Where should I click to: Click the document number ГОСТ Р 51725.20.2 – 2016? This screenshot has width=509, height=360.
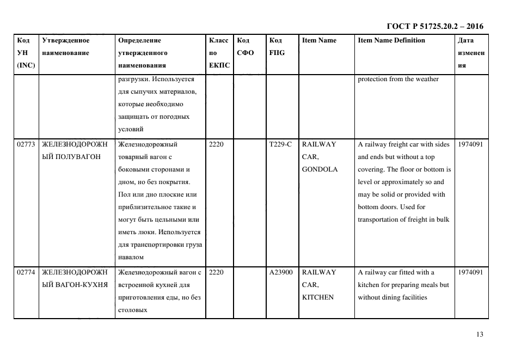(x=434, y=26)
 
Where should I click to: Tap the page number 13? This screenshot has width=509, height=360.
(x=479, y=334)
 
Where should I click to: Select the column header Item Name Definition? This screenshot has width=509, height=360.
(x=391, y=40)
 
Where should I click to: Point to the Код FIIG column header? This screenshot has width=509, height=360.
(x=277, y=47)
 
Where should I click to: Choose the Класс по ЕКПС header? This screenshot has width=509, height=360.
(x=219, y=53)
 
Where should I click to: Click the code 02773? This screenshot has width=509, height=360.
(x=26, y=144)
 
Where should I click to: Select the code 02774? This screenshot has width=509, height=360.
(x=26, y=272)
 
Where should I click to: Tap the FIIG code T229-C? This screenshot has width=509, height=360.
(x=280, y=144)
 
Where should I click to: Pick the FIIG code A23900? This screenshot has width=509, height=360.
(x=281, y=272)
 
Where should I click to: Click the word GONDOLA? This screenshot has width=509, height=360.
(x=320, y=169)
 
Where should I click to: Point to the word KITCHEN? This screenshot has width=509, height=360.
(x=317, y=297)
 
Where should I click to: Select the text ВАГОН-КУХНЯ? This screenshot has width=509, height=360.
(x=75, y=285)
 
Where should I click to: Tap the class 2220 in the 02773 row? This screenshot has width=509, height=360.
(x=216, y=144)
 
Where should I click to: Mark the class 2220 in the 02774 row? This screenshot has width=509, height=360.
(x=216, y=272)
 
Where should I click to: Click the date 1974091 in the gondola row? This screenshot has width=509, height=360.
(x=470, y=144)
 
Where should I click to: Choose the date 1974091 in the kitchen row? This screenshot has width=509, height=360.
(x=470, y=272)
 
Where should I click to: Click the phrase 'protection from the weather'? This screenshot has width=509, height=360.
(x=398, y=80)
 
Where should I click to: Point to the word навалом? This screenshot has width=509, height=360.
(x=131, y=257)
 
